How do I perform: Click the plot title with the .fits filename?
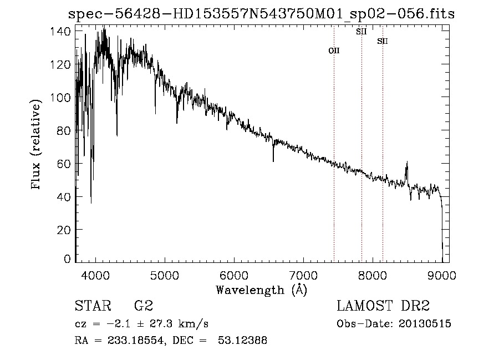point(261,14)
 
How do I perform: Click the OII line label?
point(334,50)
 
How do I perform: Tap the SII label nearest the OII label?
point(361,32)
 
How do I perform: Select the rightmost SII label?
point(383,41)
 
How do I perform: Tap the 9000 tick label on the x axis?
point(442,275)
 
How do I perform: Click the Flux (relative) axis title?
point(37,145)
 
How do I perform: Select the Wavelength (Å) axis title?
point(261,290)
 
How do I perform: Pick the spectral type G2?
point(143,306)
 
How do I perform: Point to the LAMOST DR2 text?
point(383,306)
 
